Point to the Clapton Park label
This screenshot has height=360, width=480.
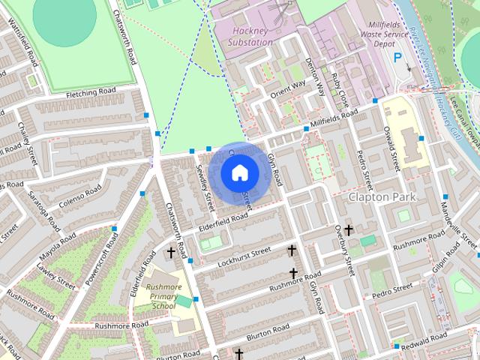click(380, 196)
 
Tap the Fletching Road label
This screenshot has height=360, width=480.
click(91, 92)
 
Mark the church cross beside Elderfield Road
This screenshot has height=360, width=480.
click(171, 253)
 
